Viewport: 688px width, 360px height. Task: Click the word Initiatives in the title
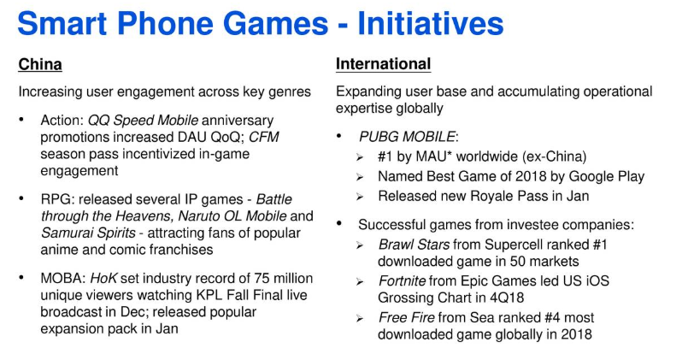point(431,23)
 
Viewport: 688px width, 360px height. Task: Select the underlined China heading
point(40,64)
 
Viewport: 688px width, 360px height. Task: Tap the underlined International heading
point(383,64)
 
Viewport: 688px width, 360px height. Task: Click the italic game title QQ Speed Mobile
point(143,120)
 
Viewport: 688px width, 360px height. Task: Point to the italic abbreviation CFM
point(264,137)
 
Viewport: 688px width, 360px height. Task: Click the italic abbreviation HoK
point(103,279)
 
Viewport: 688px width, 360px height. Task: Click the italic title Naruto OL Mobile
point(232,216)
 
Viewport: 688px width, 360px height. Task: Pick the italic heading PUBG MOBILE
point(407,137)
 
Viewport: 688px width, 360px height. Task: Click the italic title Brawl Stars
point(414,244)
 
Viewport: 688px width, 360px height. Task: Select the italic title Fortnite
point(402,280)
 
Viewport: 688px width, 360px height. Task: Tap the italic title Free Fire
point(406,317)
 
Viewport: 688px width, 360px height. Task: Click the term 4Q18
point(506,298)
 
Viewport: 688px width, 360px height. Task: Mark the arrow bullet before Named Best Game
point(360,177)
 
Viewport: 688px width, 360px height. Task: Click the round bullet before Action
point(21,119)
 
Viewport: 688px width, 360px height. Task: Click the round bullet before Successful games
point(339,223)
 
